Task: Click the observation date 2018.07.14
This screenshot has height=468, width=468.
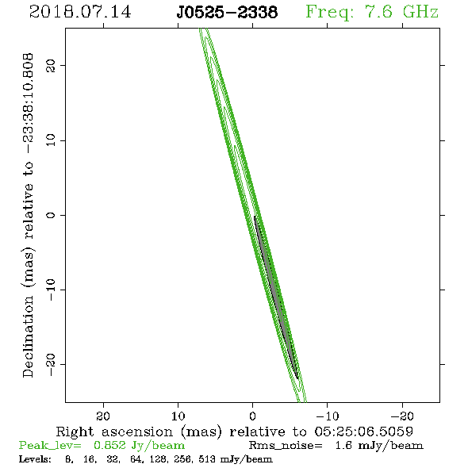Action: tap(80, 12)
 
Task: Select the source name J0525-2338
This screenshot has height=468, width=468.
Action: tap(227, 12)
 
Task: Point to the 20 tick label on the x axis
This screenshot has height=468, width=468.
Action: tap(103, 416)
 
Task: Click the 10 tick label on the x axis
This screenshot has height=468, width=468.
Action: tap(178, 416)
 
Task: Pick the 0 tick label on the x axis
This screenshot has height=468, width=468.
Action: tap(253, 416)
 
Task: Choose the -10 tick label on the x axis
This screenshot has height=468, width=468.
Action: tap(328, 416)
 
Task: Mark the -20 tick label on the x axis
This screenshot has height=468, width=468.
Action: tap(402, 416)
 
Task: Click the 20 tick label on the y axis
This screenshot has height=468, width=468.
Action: tap(51, 65)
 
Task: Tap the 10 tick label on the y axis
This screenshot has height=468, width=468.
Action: tap(51, 140)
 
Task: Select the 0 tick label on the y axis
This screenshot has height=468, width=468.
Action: tap(51, 215)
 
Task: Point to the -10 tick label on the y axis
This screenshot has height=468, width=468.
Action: tap(51, 290)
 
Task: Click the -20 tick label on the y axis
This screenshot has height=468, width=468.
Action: tap(51, 364)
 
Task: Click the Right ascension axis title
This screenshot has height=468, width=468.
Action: tap(235, 432)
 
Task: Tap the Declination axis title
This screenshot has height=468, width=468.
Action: tap(28, 216)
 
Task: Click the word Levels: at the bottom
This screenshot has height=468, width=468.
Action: tap(35, 459)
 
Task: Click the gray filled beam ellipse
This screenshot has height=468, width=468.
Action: tap(276, 297)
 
